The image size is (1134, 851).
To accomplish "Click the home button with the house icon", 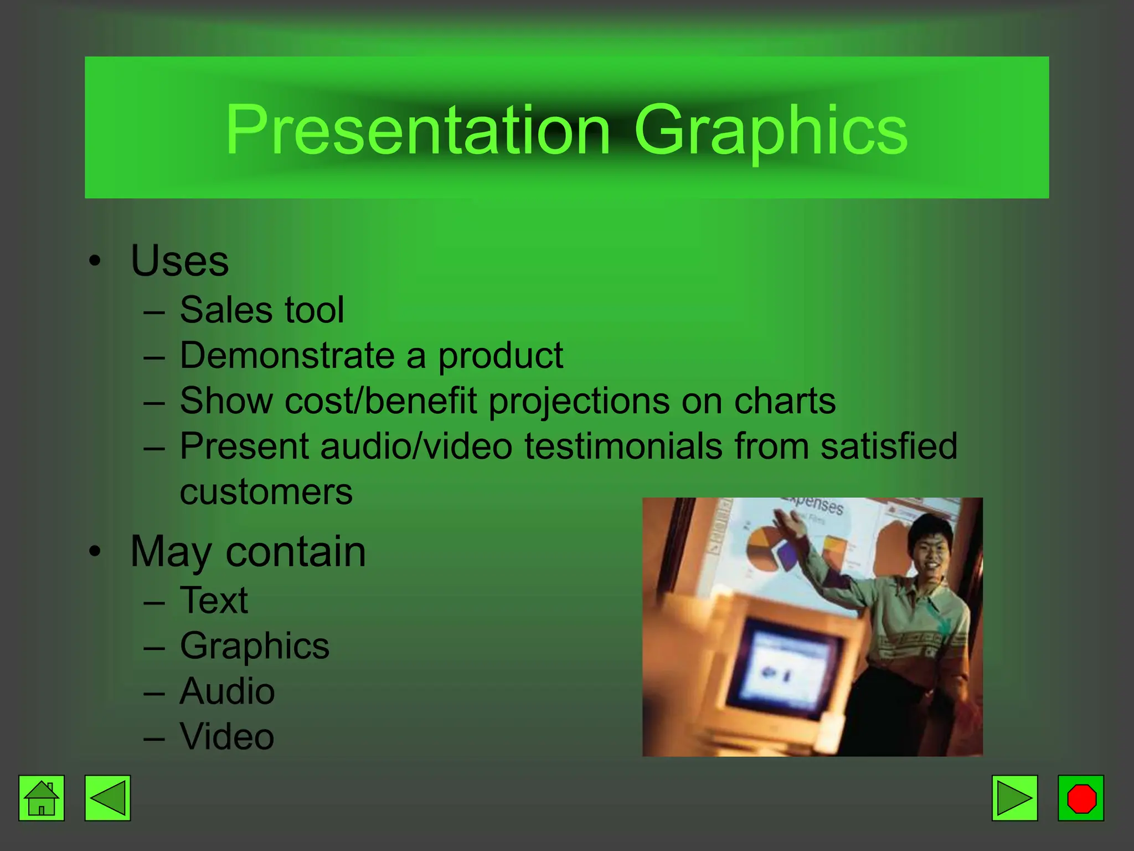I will (42, 798).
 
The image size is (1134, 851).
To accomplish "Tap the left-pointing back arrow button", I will (107, 798).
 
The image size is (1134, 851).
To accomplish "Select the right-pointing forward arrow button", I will (1014, 798).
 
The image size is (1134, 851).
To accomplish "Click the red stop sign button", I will (1081, 798).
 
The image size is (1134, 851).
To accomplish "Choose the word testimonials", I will (623, 446).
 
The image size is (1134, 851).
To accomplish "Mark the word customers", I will (266, 492).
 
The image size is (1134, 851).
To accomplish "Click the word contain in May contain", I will (296, 552).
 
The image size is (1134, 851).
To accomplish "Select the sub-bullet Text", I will (214, 600).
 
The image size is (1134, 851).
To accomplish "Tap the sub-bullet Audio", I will (227, 691).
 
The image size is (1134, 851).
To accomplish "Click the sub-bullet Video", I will (227, 737).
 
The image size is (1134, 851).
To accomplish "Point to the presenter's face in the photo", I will (930, 548).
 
